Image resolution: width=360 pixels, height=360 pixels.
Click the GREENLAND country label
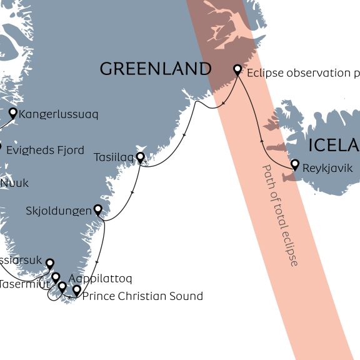coord(156,69)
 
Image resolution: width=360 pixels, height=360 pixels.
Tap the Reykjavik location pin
coord(295,164)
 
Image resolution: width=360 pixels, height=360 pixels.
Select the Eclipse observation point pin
coord(237,69)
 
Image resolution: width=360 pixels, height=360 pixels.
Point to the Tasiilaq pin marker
coord(141,156)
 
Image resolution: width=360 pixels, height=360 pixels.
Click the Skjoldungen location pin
coord(97,209)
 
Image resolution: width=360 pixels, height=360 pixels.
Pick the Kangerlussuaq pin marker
coord(12,112)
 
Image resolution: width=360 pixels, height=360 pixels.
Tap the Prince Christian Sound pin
coord(76,290)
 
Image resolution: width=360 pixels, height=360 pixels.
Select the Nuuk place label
coord(14,184)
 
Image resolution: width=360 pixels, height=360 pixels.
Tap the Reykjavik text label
coord(327,168)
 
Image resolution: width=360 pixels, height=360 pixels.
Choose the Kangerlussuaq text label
coord(59,115)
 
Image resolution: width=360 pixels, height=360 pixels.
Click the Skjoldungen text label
coord(59,211)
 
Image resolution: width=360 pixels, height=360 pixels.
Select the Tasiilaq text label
coord(114,157)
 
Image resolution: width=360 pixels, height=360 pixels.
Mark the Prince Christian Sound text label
coord(142,296)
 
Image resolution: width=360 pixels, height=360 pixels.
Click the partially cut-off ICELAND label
coord(334,146)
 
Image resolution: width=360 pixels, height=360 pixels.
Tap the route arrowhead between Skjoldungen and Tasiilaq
coord(132,193)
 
